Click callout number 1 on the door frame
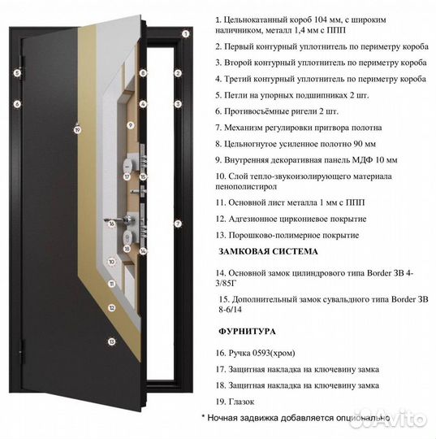point(186,34)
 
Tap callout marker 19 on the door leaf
point(77,128)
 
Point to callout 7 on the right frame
point(177,223)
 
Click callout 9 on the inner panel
point(130,125)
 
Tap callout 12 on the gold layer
point(110,310)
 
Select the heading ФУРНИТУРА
point(247,332)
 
